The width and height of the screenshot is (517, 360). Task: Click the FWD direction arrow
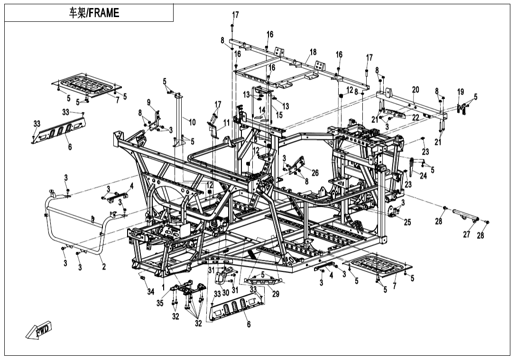click(x=39, y=331)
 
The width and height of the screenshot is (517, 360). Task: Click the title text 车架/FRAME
click(x=93, y=13)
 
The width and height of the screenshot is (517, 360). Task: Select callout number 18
click(x=313, y=52)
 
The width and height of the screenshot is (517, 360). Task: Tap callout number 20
click(x=415, y=90)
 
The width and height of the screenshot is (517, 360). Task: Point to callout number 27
click(x=467, y=234)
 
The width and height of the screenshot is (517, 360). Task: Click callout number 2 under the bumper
click(x=104, y=267)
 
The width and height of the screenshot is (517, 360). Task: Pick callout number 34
click(x=150, y=291)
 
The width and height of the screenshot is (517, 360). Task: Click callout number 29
click(x=276, y=294)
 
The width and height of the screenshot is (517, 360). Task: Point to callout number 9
click(x=148, y=102)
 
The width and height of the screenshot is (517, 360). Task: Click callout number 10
click(x=192, y=122)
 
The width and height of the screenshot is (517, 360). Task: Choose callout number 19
click(x=460, y=91)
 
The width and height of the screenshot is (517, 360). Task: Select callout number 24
click(x=423, y=175)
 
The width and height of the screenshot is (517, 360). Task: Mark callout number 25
click(x=407, y=222)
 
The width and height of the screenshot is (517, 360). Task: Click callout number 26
click(x=315, y=173)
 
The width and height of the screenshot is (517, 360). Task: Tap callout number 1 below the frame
click(x=163, y=288)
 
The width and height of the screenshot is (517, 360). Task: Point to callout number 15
click(x=279, y=114)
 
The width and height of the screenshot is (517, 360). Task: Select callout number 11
click(x=226, y=122)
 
